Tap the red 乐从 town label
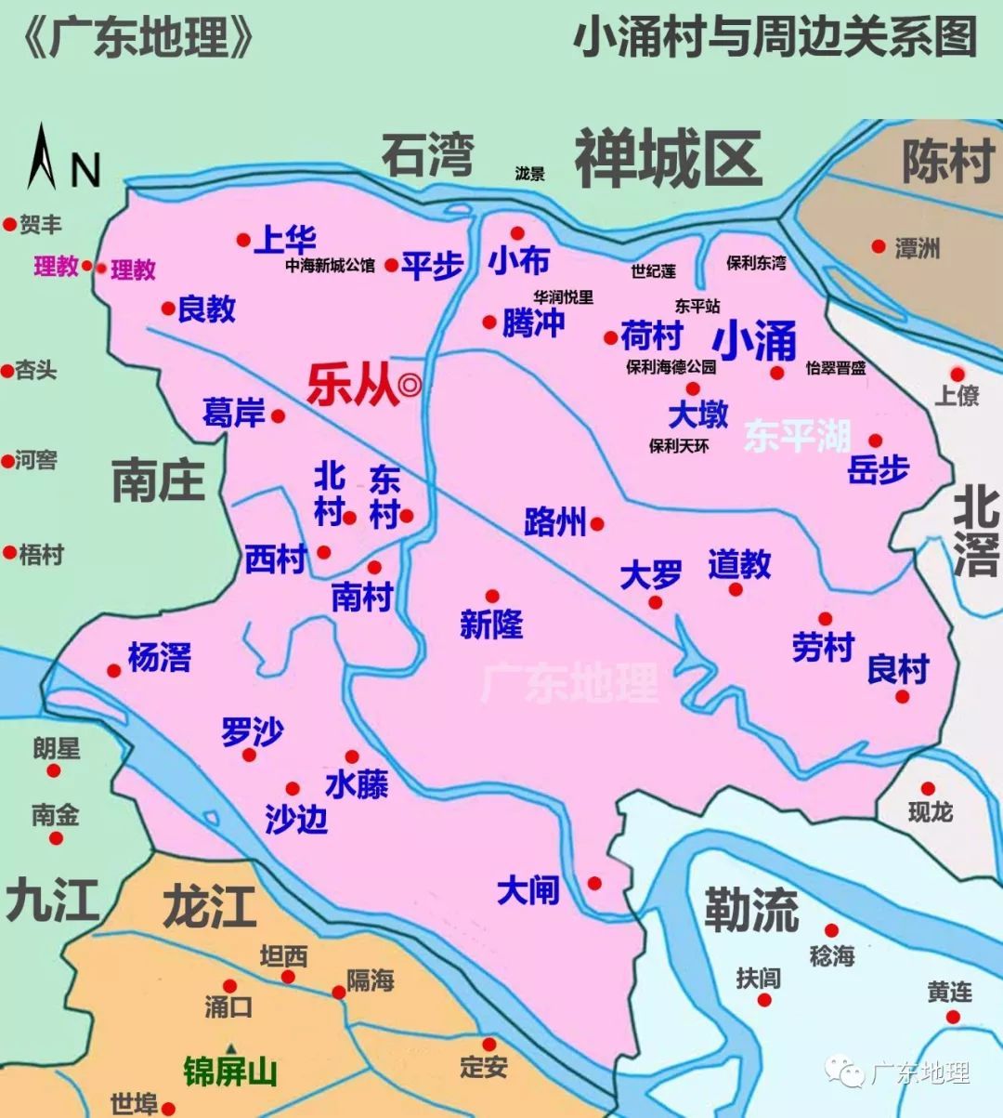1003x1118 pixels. click(x=353, y=387)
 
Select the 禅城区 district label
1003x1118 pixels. click(x=669, y=159)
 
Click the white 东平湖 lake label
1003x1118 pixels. click(x=797, y=435)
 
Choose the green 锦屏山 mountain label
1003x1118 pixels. click(x=230, y=1072)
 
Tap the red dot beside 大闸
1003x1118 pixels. click(x=594, y=883)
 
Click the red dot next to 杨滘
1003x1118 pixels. click(x=114, y=670)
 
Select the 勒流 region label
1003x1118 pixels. click(x=750, y=909)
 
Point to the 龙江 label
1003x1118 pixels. click(x=209, y=906)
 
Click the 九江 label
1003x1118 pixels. click(x=51, y=901)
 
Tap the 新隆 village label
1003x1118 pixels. click(x=491, y=625)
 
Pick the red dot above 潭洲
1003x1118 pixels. click(x=878, y=246)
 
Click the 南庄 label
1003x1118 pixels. click(x=158, y=480)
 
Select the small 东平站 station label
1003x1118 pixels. click(x=697, y=306)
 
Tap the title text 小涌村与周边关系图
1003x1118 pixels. click(x=775, y=38)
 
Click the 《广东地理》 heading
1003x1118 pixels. click(x=137, y=38)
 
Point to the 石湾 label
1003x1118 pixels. click(x=428, y=155)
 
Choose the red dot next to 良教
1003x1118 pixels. click(x=168, y=309)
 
